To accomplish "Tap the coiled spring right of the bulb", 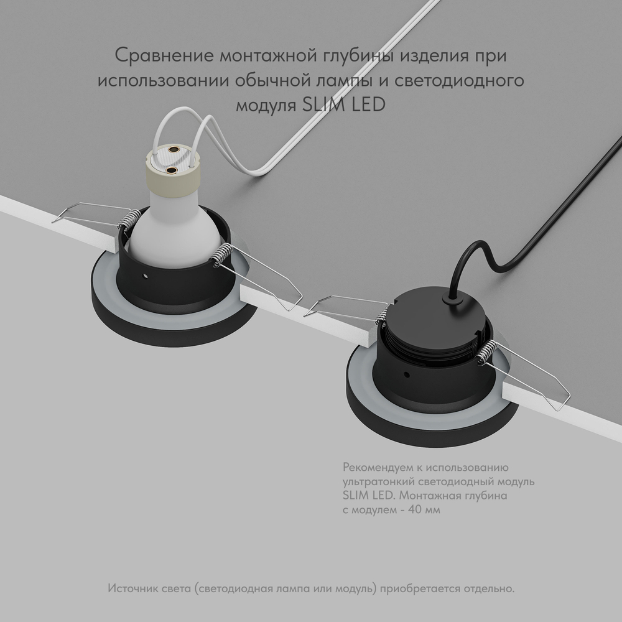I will coord(222,254).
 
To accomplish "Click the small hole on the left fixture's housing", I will coord(145,274).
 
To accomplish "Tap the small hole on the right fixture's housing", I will coord(406,376).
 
